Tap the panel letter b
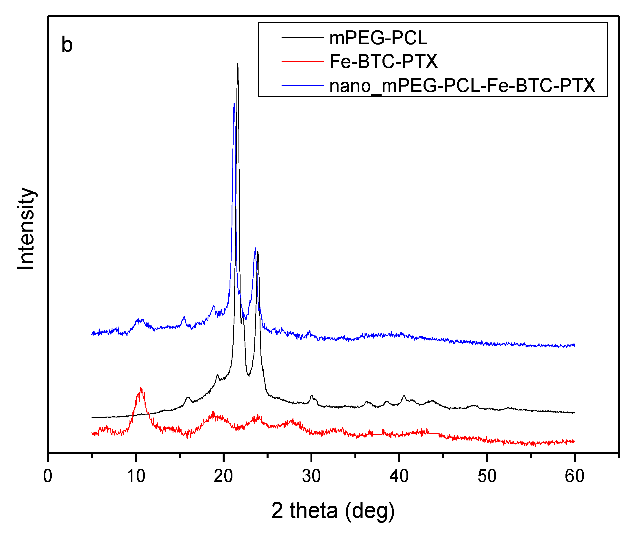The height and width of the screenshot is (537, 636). pos(67,45)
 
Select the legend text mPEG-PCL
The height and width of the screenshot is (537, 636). pos(378,38)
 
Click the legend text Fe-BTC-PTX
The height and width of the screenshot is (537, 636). pos(383,61)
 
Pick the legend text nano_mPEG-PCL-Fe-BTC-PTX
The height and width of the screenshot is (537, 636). pos(462,85)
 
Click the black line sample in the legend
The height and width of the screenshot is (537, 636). pos(302,37)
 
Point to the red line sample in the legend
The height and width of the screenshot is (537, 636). pos(302,61)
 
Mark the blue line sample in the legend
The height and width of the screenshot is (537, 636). pos(302,85)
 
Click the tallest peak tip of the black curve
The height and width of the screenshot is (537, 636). pos(237,64)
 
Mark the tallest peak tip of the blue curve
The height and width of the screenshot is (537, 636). pos(234,104)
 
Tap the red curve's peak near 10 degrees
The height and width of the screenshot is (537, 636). pos(141,389)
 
